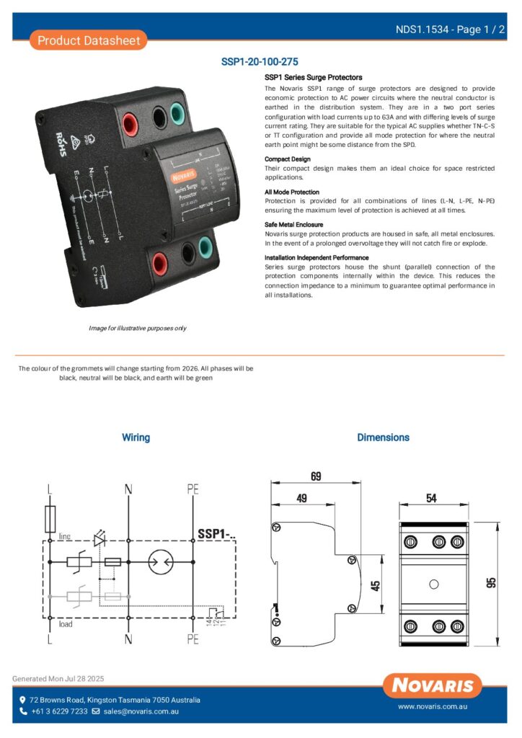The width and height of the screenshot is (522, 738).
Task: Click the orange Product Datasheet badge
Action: [89, 40]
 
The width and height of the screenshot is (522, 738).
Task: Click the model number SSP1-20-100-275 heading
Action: [260, 62]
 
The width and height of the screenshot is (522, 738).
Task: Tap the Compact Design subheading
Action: [288, 159]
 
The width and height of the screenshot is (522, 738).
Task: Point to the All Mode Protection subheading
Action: [292, 192]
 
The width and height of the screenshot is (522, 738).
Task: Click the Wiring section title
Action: [136, 437]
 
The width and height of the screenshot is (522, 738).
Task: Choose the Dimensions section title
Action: [383, 437]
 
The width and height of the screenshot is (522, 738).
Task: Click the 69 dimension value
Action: [316, 477]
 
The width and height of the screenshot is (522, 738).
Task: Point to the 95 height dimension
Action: [492, 582]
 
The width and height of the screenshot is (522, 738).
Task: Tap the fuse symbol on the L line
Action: [50, 517]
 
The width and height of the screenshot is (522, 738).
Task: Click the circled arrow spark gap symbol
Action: [159, 563]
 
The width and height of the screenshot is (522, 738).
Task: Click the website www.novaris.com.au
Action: [433, 708]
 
